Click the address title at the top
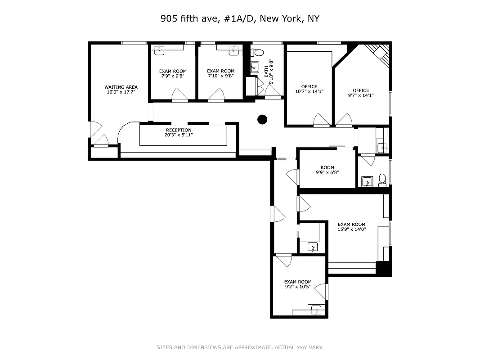pos(240,19)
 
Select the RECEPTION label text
pos(179,130)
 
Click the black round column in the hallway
pos(262,119)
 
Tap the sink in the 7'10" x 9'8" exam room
pos(233,51)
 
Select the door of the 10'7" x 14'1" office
pos(321,120)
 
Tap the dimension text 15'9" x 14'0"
pos(351,229)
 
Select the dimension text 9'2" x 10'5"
pos(297,287)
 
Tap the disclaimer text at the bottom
pos(240,347)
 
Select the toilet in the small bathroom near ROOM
pos(382,180)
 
